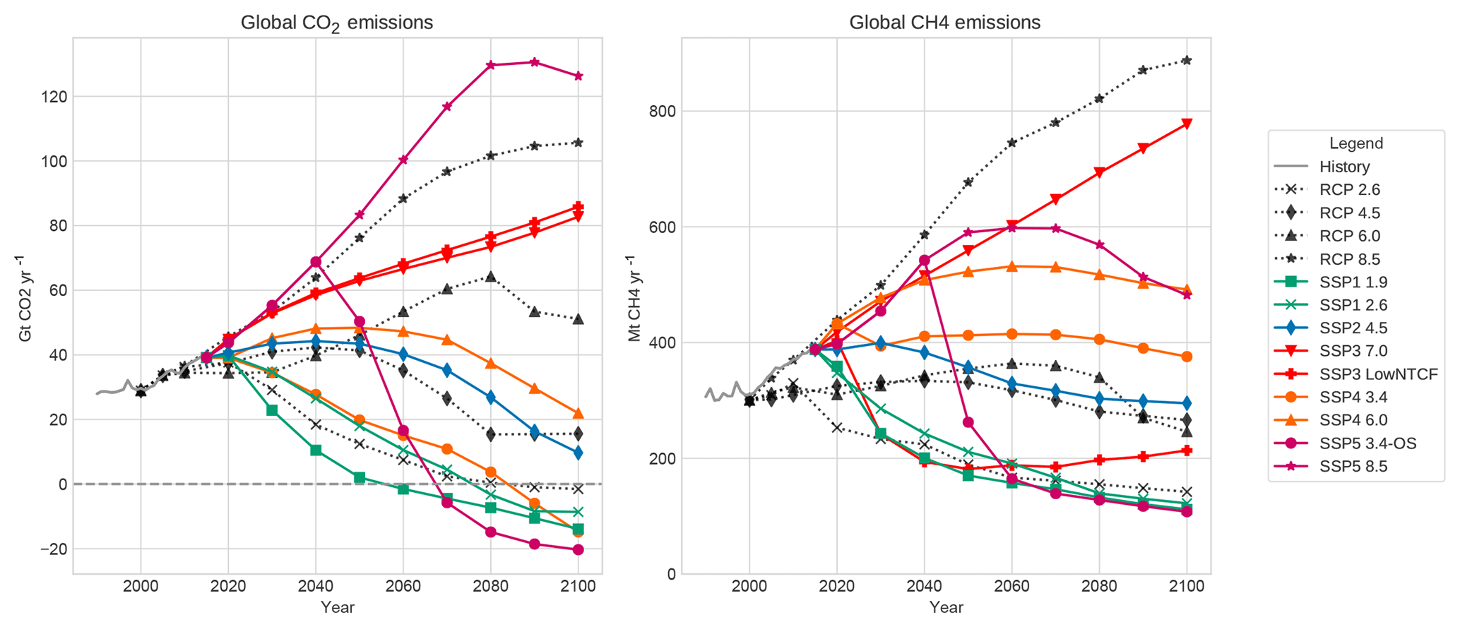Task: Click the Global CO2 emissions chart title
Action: pos(337,23)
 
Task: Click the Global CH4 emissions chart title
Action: pos(944,23)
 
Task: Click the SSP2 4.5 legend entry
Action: pos(1353,328)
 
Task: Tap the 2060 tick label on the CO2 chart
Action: pos(403,587)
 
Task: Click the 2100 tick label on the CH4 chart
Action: pos(1187,587)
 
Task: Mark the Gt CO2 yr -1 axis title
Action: pos(25,299)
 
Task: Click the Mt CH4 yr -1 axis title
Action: pos(634,299)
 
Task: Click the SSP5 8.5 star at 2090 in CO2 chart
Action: pos(535,62)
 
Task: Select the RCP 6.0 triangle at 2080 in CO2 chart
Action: pos(491,277)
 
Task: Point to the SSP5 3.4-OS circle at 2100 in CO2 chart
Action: pos(578,549)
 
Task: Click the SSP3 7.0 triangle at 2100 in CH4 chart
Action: pos(1187,124)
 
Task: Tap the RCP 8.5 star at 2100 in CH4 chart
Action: pos(1187,61)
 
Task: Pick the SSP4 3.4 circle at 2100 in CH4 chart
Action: pos(1187,357)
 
